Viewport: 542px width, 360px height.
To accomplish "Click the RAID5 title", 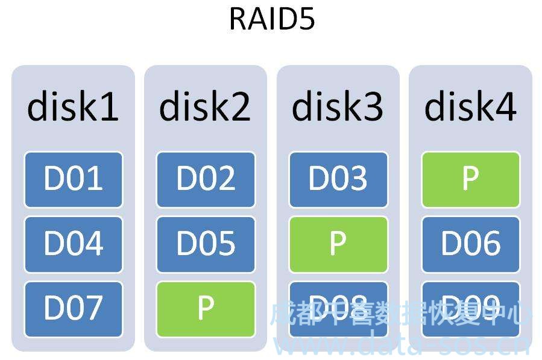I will [x=271, y=19].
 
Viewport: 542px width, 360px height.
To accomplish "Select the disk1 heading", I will [x=73, y=107].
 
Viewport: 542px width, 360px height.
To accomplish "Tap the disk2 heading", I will [x=205, y=107].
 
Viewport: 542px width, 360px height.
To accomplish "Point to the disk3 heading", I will [x=338, y=107].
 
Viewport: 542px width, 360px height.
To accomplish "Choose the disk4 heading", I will [x=470, y=107].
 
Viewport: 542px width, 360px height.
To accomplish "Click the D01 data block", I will [x=73, y=179].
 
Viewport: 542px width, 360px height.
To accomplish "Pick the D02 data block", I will [x=206, y=179].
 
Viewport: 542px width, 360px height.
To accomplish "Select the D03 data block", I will [x=338, y=179].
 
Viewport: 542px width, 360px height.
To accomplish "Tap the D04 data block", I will [x=73, y=244].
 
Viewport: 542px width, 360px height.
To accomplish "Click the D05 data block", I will [x=206, y=244].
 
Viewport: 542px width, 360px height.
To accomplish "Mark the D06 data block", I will [x=470, y=244].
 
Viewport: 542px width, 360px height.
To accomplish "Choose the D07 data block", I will [x=73, y=309].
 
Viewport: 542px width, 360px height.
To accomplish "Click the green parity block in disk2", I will [x=206, y=309].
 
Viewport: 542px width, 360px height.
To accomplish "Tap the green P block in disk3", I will [x=338, y=244].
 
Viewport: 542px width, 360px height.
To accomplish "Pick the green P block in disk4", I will [x=470, y=179].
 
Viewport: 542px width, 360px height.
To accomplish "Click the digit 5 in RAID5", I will [x=307, y=19].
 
